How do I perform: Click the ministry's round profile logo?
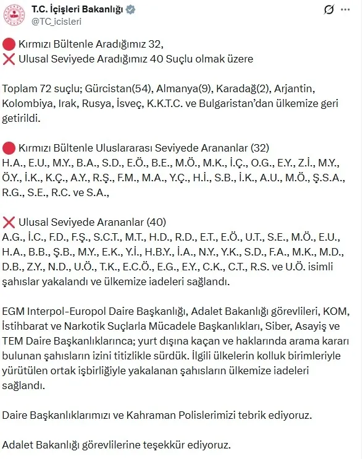14,15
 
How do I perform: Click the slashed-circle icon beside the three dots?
329,10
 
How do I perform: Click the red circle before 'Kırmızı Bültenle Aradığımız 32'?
8,43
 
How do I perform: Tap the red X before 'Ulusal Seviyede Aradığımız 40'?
8,59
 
